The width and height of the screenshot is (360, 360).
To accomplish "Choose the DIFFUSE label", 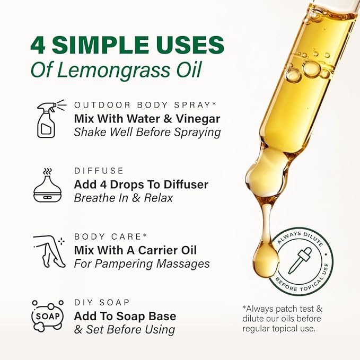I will click(99, 171).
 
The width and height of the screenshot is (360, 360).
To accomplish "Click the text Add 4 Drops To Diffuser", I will click(141, 185).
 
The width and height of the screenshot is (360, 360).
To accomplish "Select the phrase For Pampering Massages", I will click(142, 264).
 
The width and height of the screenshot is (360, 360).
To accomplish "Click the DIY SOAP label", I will click(102, 302).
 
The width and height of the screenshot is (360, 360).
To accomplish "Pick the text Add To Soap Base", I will click(125, 317).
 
